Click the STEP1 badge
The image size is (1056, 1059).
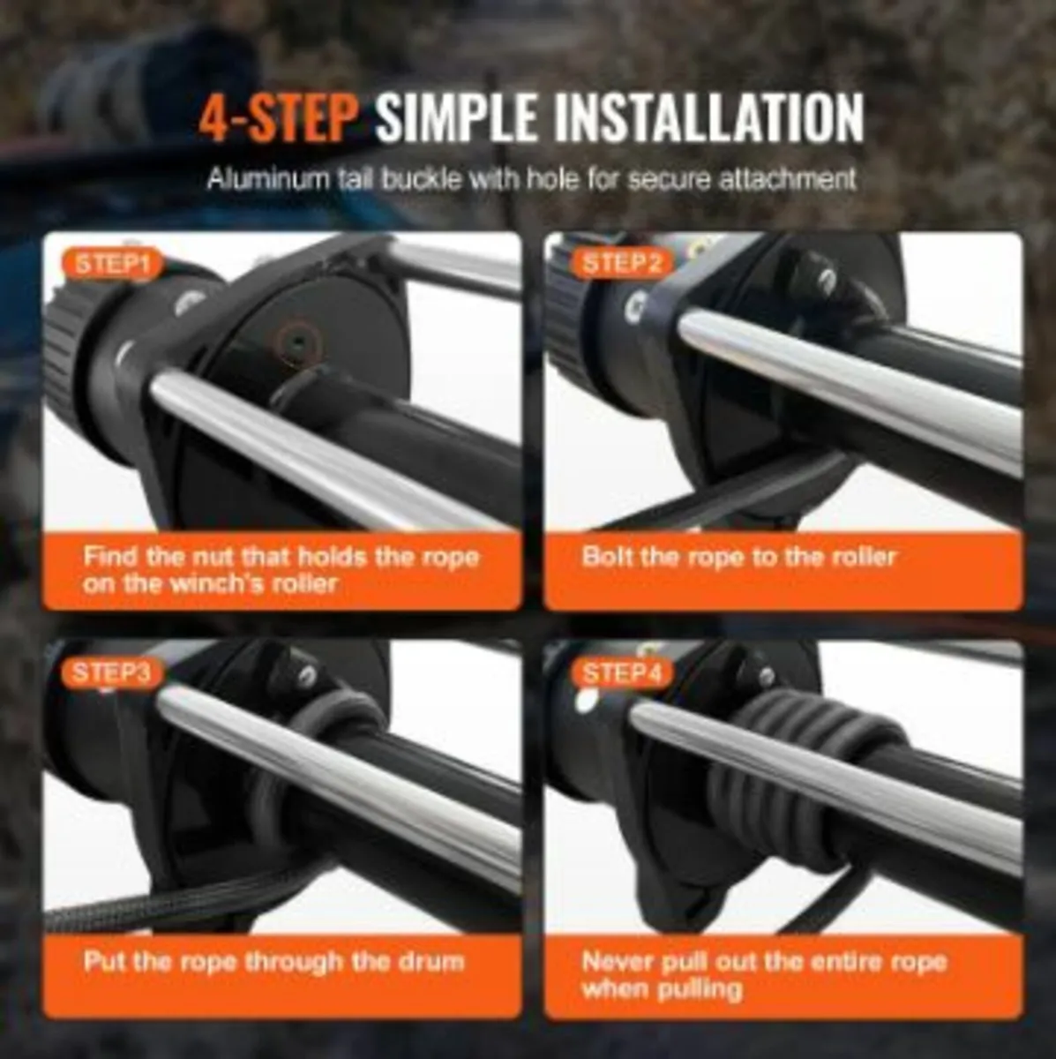[113, 264]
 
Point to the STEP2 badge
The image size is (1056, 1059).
[622, 264]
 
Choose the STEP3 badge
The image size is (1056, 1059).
[112, 672]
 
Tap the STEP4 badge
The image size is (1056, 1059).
[622, 672]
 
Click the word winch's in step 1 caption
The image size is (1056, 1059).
[216, 583]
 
